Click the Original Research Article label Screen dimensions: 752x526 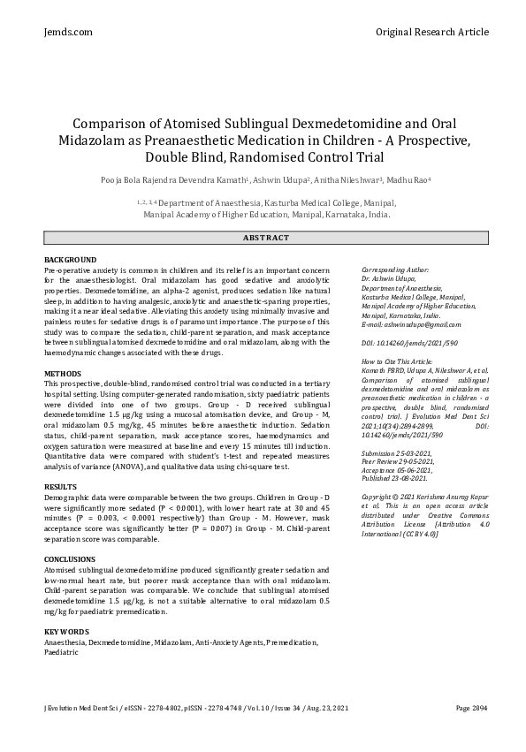(431, 32)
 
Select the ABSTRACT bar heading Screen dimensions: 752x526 (263, 239)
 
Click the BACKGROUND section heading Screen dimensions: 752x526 (71, 260)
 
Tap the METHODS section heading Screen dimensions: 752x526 (63, 374)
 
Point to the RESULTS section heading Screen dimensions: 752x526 (61, 488)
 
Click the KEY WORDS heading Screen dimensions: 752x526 (66, 632)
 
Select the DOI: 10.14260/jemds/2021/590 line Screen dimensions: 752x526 (408, 342)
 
